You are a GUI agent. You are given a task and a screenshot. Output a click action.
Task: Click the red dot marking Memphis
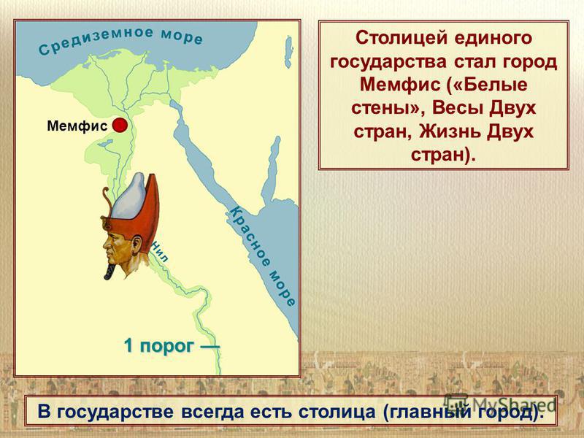point(120,125)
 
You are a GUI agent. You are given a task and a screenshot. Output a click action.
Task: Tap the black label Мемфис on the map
point(77,126)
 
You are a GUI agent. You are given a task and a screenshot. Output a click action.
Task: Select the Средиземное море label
point(121,41)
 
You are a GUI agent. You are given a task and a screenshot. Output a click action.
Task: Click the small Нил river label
point(159,252)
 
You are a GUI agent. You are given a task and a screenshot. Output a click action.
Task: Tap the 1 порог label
point(172,346)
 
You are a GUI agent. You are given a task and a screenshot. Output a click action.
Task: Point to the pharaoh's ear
point(137,245)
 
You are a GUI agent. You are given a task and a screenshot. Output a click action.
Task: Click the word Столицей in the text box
point(402,39)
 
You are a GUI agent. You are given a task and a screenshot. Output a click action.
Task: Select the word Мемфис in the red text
point(399,85)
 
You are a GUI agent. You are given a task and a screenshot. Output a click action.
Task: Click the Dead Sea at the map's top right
point(288,52)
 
